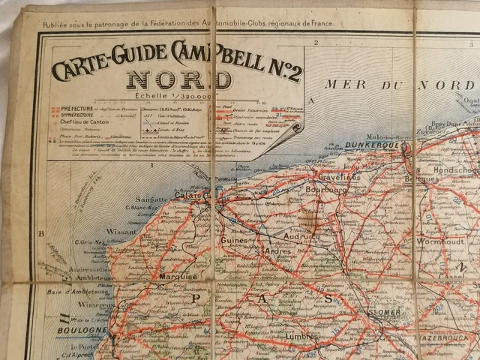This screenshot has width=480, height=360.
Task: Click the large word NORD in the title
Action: (174, 79)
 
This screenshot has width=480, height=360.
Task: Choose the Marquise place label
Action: (178, 277)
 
